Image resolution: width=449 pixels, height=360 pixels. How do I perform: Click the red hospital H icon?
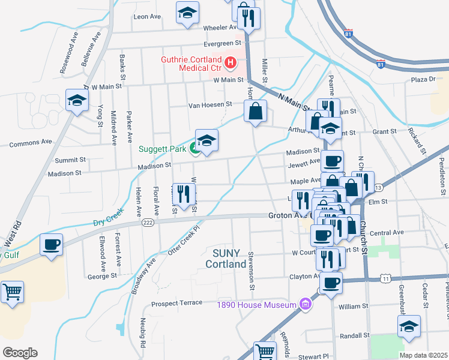pyautogui.click(x=229, y=62)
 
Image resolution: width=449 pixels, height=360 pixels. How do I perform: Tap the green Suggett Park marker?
pyautogui.click(x=195, y=149)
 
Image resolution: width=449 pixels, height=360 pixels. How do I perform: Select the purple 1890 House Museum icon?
pyautogui.click(x=307, y=305)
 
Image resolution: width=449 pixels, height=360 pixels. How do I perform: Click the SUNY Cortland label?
pyautogui.click(x=226, y=258)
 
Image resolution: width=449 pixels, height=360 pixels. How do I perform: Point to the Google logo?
pyautogui.click(x=20, y=352)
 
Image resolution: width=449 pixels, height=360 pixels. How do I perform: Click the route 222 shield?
pyautogui.click(x=148, y=223)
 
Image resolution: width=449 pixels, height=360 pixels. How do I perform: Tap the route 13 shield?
pyautogui.click(x=378, y=188)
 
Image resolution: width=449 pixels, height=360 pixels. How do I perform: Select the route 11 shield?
pyautogui.click(x=385, y=278)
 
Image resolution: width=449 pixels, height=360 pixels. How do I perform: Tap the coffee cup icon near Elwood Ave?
pyautogui.click(x=51, y=245)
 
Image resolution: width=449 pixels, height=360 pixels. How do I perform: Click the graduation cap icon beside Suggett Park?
pyautogui.click(x=206, y=141)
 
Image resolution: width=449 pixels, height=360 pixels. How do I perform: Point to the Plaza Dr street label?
pyautogui.click(x=423, y=79)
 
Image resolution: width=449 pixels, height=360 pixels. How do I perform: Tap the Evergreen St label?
pyautogui.click(x=221, y=43)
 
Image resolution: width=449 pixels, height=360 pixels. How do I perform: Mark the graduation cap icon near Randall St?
pyautogui.click(x=409, y=326)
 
